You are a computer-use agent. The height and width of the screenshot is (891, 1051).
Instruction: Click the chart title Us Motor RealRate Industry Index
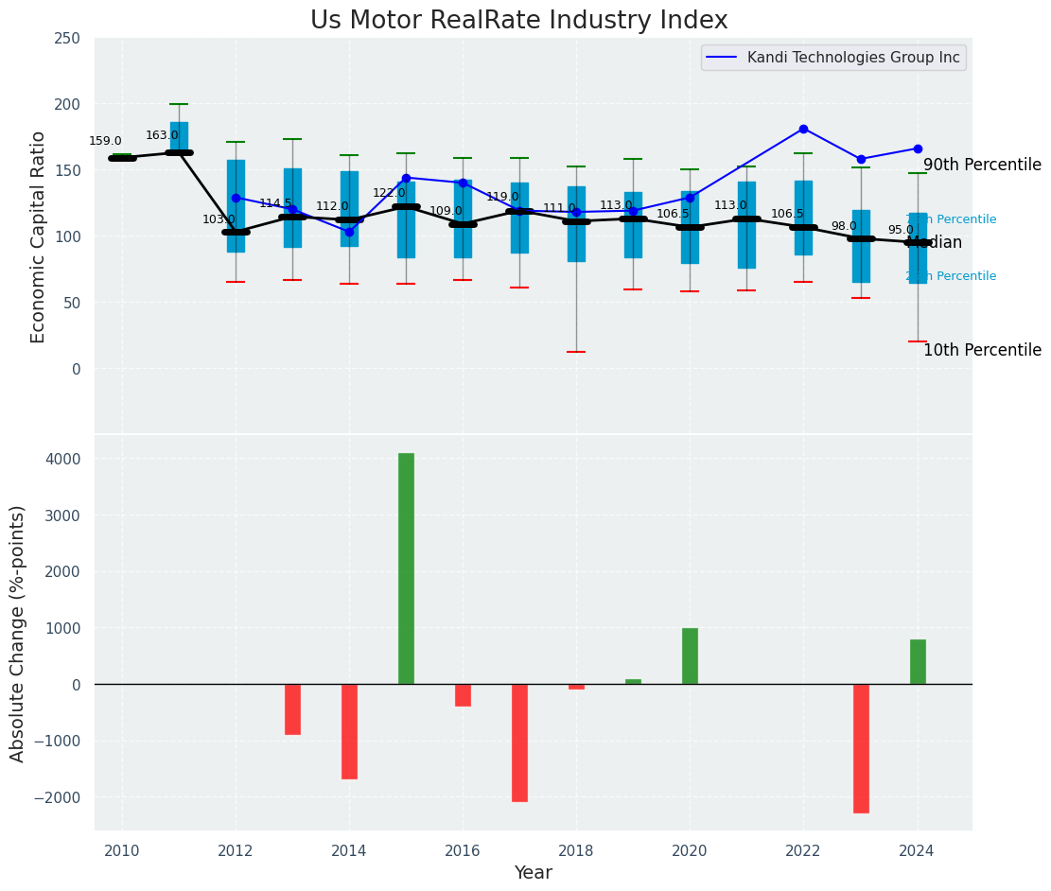[518, 21]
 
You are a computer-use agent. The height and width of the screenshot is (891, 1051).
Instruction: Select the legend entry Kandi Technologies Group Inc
[852, 58]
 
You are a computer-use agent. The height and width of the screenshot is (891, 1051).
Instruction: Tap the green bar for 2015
[406, 568]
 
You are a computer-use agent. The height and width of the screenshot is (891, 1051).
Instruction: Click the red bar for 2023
[861, 748]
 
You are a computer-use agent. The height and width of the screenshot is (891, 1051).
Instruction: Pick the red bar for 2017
[519, 742]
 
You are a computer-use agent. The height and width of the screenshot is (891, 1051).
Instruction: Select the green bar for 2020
[690, 655]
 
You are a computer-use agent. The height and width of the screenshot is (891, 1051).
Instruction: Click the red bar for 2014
[349, 731]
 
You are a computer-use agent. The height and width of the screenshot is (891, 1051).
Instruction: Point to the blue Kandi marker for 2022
[803, 129]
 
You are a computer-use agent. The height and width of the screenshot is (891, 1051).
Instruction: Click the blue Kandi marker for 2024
[918, 148]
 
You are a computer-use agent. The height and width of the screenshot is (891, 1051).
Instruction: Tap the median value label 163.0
[162, 135]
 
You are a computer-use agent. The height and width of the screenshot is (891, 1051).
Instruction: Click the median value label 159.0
[105, 141]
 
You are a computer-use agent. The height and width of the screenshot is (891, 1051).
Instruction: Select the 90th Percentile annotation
[982, 165]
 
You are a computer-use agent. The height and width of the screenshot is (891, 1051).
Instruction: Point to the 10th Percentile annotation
[982, 350]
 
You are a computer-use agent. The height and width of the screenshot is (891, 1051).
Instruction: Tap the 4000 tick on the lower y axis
[63, 459]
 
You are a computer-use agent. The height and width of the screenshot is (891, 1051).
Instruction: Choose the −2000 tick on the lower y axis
[59, 797]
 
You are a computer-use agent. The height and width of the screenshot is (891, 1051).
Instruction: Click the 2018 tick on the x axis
[576, 850]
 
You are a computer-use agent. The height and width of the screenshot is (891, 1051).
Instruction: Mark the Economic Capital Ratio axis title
[38, 236]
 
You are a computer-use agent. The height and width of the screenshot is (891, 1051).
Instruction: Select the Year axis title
[533, 873]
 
